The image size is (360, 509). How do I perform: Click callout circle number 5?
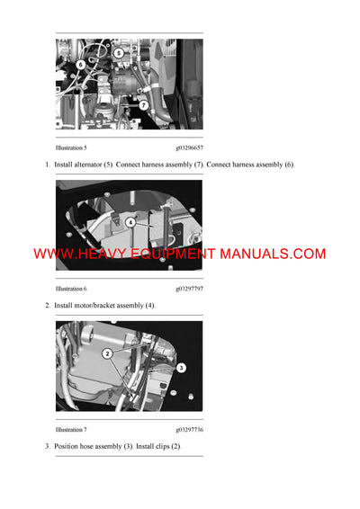(x=118, y=54)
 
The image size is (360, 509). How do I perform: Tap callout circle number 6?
(x=81, y=65)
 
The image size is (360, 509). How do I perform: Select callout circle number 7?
(x=141, y=104)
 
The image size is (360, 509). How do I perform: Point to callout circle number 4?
(x=130, y=221)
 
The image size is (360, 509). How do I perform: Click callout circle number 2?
(x=107, y=354)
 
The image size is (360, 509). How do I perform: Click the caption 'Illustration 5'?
(x=71, y=147)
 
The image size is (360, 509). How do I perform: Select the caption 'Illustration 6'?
(x=71, y=289)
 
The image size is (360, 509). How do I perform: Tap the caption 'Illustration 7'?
(x=71, y=430)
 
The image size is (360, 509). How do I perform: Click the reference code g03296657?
(x=189, y=147)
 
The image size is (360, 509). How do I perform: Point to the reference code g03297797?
(x=189, y=289)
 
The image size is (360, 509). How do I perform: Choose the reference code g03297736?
(x=189, y=430)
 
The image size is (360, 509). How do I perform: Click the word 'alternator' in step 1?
(x=93, y=165)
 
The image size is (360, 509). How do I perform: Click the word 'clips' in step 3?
(x=159, y=447)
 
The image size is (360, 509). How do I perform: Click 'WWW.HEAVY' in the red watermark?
(x=73, y=254)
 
